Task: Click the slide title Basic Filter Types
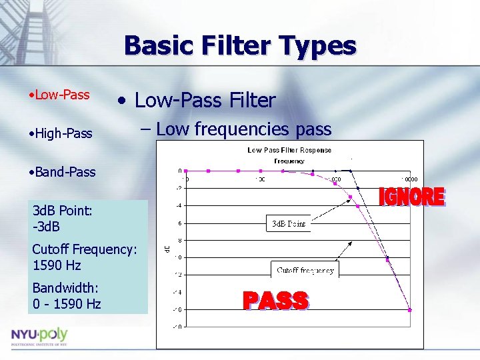pos(240,46)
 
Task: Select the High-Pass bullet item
pos(60,134)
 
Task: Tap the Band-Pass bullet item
pos(62,172)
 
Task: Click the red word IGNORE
pos(411,197)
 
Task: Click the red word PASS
pos(275,301)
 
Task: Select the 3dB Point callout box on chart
pos(289,223)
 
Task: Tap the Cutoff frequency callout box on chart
pos(305,270)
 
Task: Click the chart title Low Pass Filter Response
pos(289,150)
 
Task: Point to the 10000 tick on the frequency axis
pos(409,179)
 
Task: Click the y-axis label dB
pos(167,249)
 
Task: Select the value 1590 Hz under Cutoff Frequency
pos(57,265)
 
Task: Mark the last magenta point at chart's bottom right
pos(409,309)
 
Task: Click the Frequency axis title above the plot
pos(289,161)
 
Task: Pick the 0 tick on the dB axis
pos(179,171)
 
